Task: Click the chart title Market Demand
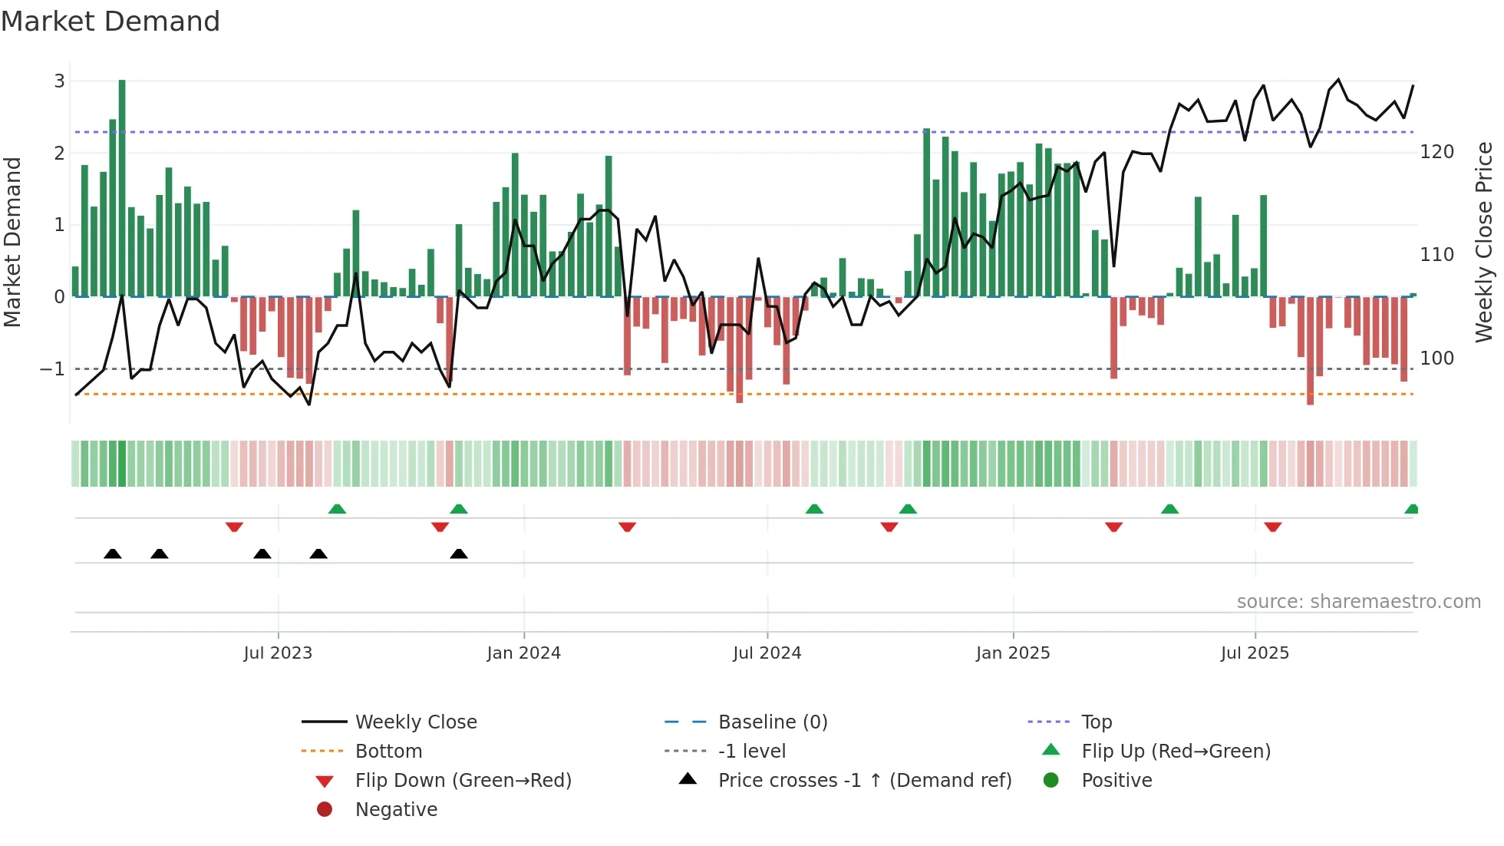(110, 21)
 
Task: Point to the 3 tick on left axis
(59, 81)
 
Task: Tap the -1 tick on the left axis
(52, 369)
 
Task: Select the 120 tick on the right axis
(1436, 152)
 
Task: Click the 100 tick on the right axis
(1436, 359)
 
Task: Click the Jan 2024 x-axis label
(523, 653)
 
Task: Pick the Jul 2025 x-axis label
(1255, 653)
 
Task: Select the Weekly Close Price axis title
(1484, 242)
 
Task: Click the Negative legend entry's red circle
(325, 810)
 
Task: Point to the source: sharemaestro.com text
(1358, 602)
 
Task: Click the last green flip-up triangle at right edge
(1411, 509)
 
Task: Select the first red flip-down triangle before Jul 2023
(234, 527)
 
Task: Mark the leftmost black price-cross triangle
(113, 554)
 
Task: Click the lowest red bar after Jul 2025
(1310, 353)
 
